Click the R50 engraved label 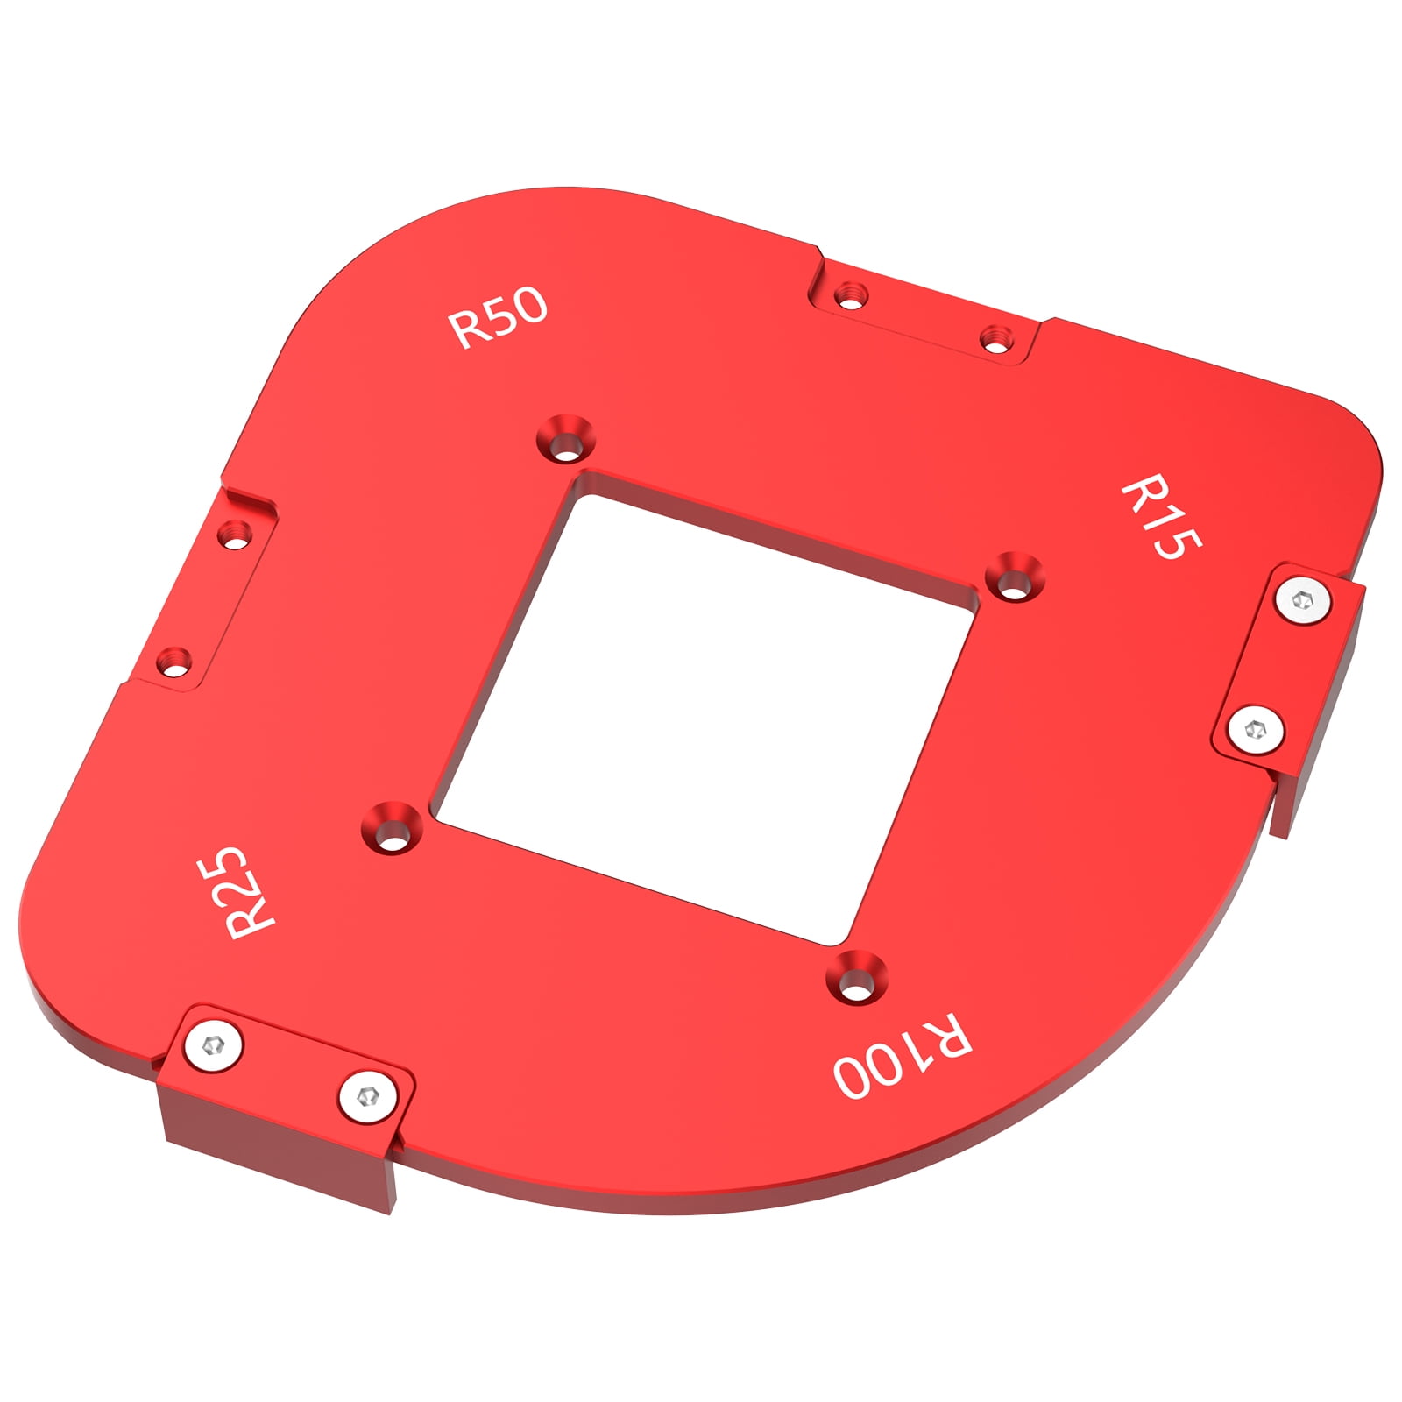click(x=498, y=317)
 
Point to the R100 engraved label click(x=903, y=1056)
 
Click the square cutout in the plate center click(x=705, y=719)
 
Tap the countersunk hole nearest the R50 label click(x=565, y=440)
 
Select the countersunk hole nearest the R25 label click(x=393, y=828)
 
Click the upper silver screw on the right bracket click(x=1303, y=602)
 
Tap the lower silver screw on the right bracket click(x=1256, y=729)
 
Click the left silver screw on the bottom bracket click(x=213, y=1045)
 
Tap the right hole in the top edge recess click(x=995, y=337)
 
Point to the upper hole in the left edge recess click(x=234, y=533)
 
